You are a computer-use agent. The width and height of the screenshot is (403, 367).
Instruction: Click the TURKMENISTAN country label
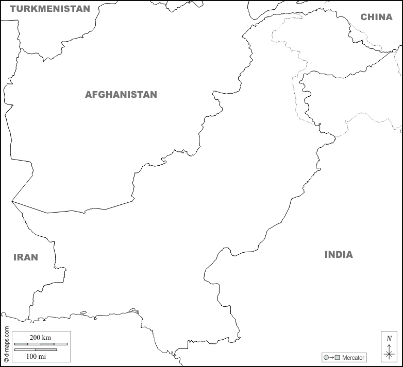(50, 9)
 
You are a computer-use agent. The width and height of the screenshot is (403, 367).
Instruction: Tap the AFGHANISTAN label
(121, 95)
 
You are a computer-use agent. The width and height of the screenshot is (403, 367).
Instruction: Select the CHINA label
(376, 17)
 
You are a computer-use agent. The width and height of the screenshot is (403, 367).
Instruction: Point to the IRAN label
(26, 257)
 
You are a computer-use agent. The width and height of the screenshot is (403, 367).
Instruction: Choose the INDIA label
(339, 254)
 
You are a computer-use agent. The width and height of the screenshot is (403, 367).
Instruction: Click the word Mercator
(353, 357)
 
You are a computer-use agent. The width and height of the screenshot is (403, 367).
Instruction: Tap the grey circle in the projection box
(326, 357)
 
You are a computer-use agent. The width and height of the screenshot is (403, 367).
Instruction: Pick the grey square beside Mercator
(338, 357)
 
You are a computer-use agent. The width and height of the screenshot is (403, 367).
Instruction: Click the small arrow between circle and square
(332, 357)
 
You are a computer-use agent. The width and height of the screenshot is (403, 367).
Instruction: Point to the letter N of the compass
(389, 338)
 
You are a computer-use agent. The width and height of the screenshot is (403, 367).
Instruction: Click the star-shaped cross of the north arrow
(389, 353)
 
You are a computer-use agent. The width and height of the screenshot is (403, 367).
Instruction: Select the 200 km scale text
(40, 337)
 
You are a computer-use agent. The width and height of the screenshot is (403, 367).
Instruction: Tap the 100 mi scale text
(36, 356)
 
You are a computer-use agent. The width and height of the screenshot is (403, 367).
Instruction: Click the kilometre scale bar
(41, 344)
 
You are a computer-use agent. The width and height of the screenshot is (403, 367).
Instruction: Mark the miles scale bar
(36, 349)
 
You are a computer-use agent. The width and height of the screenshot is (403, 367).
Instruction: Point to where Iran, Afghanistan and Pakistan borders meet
(12, 201)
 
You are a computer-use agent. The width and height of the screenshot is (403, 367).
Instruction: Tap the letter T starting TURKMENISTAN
(13, 9)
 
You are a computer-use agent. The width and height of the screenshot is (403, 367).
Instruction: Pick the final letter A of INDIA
(349, 254)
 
